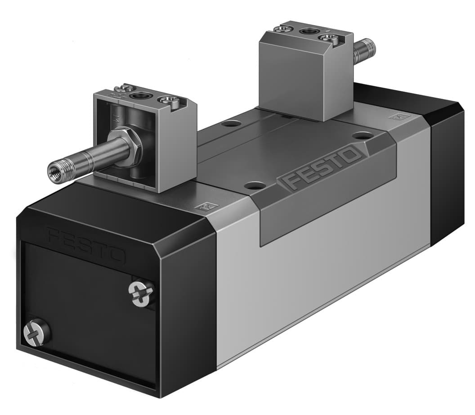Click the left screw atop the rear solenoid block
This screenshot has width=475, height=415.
(x=283, y=28)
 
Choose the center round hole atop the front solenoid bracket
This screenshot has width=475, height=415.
(x=141, y=95)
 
